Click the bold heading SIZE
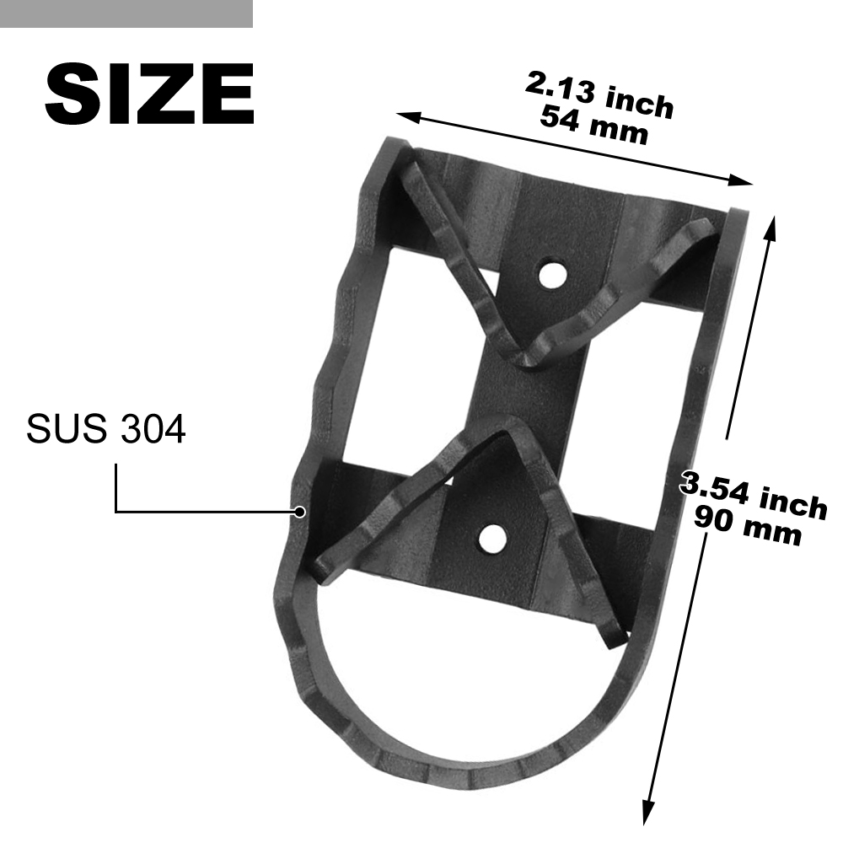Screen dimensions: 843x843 (149, 94)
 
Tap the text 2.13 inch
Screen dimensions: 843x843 (599, 95)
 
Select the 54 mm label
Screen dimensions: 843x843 (594, 126)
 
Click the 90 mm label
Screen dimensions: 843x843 (748, 526)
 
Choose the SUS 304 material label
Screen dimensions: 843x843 (106, 429)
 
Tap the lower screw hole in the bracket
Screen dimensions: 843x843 (492, 539)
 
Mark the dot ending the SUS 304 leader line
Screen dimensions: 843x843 (300, 512)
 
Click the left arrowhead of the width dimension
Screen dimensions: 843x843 (407, 116)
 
